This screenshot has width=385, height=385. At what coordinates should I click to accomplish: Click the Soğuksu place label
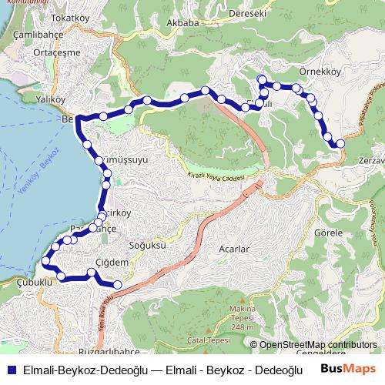(x=147, y=245)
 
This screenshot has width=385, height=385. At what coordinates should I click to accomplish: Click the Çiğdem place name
(x=112, y=263)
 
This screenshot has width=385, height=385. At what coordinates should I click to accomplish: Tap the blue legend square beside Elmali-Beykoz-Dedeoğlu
(x=10, y=369)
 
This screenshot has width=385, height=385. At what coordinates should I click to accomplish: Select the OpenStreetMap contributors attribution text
(x=316, y=346)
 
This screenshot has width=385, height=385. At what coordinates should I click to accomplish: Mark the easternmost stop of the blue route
(x=340, y=143)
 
